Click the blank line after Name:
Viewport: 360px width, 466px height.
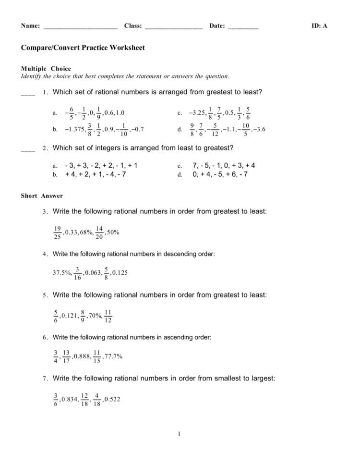[x=80, y=28]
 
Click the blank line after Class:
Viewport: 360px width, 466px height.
[x=173, y=28]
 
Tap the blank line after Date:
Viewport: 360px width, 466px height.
[x=243, y=28]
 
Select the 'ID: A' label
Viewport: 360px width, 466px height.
[x=319, y=26]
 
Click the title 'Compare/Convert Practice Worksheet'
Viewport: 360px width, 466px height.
[x=83, y=48]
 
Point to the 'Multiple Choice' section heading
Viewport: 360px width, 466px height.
[x=46, y=69]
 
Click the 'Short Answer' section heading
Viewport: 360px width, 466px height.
[x=42, y=196]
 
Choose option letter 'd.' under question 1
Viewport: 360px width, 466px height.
[x=180, y=129]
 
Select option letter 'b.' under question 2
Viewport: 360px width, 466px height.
[x=55, y=175]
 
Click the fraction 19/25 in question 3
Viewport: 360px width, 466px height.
[x=58, y=233]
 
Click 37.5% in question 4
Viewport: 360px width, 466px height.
[x=62, y=273]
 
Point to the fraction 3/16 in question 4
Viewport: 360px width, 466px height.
[x=77, y=273]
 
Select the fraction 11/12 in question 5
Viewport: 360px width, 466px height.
[x=108, y=316]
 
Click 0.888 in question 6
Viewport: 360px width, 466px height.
[x=82, y=356]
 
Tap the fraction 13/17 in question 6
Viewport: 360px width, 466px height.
[x=67, y=356]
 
